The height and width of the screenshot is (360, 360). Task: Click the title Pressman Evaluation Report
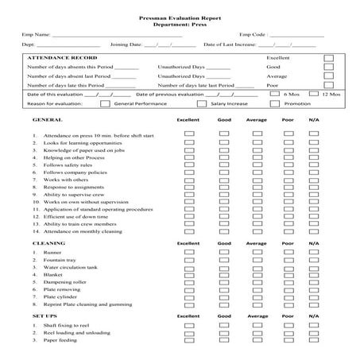180,17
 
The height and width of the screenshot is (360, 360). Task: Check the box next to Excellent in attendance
328,58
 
